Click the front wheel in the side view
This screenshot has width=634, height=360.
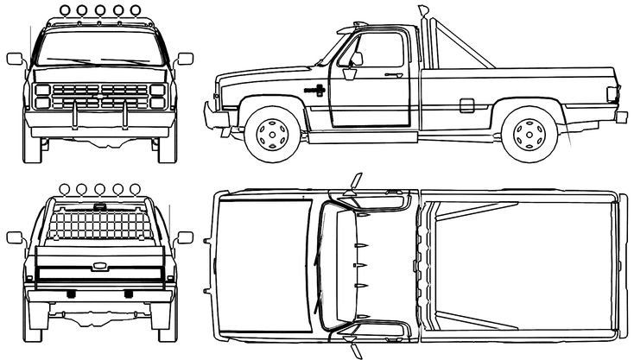[x=273, y=134]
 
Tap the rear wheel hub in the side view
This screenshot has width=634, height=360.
[x=529, y=134]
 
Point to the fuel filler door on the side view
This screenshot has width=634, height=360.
[x=466, y=105]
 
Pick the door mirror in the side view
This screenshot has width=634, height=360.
[x=355, y=59]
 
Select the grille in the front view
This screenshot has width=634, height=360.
[x=98, y=96]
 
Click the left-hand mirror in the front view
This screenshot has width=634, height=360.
[x=15, y=59]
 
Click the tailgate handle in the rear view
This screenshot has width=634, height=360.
[x=98, y=264]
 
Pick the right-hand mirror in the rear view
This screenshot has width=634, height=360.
[x=184, y=237]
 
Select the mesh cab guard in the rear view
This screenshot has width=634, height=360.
[x=98, y=224]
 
